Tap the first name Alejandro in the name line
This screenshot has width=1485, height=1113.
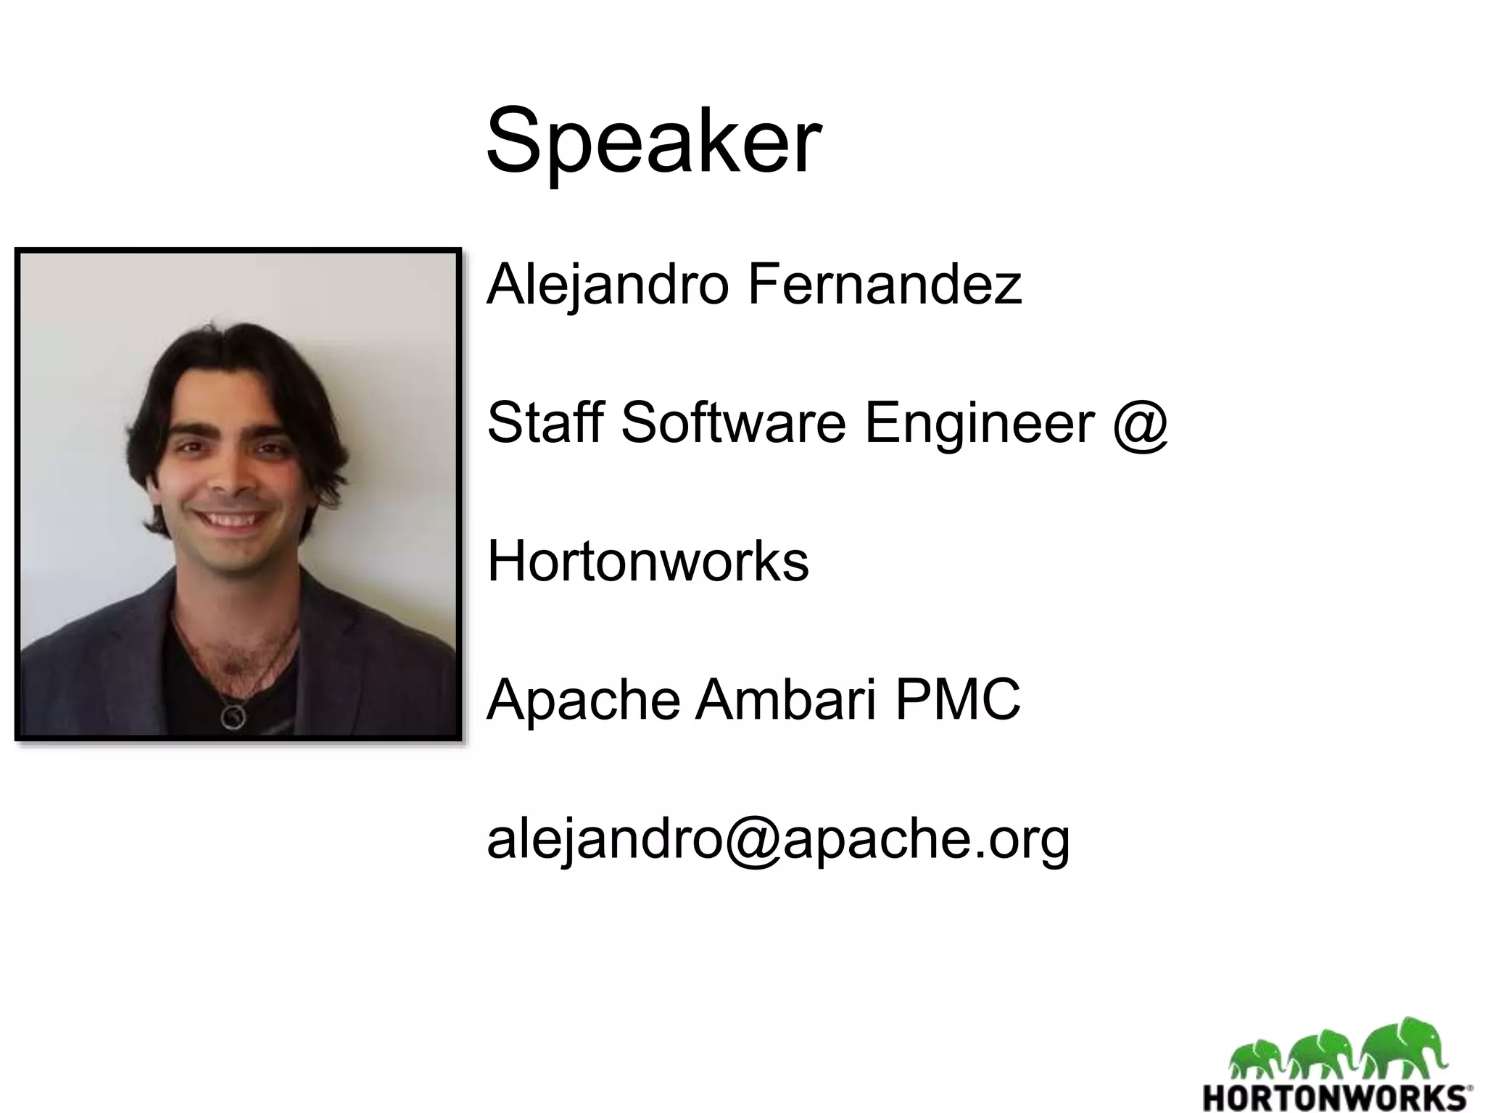pyautogui.click(x=608, y=285)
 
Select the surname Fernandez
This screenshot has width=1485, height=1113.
pyautogui.click(x=885, y=285)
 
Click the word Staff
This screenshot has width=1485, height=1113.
pyautogui.click(x=545, y=422)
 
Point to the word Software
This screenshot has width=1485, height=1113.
pyautogui.click(x=733, y=422)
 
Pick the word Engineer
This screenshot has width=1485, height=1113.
pyautogui.click(x=980, y=424)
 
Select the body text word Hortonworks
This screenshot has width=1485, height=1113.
pyautogui.click(x=648, y=561)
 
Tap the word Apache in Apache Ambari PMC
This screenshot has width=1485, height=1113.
pyautogui.click(x=583, y=699)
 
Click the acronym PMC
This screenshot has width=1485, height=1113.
pyautogui.click(x=958, y=699)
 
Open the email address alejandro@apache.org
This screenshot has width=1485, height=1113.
pyautogui.click(x=778, y=839)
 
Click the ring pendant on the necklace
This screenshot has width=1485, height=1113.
pyautogui.click(x=233, y=717)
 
